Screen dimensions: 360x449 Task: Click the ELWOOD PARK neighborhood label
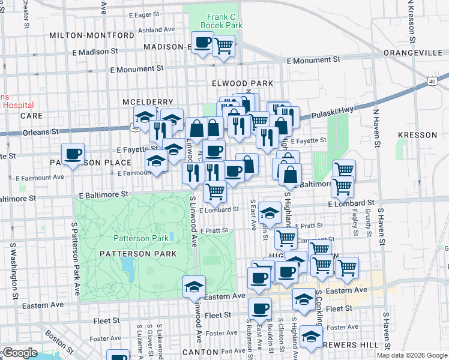pos(243,83)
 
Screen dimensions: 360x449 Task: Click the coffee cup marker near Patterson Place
pos(73,154)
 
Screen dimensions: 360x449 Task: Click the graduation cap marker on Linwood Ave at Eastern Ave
pos(194,287)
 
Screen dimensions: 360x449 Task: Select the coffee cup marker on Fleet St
pos(260,308)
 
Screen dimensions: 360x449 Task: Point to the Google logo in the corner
pos(19,353)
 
